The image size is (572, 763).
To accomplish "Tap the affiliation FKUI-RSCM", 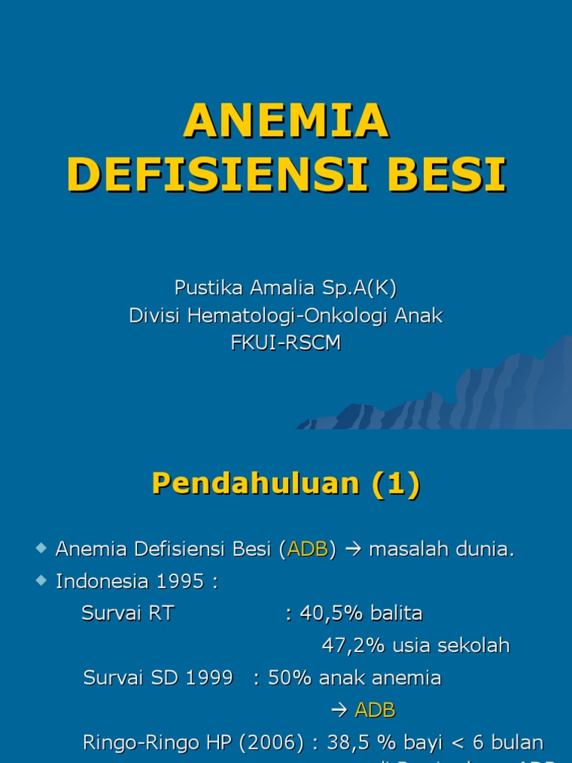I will tap(286, 343).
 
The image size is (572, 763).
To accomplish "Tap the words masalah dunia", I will tap(441, 550).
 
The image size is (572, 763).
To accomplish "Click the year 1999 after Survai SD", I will tap(209, 678).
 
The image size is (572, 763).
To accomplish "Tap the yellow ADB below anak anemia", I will tap(375, 710).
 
